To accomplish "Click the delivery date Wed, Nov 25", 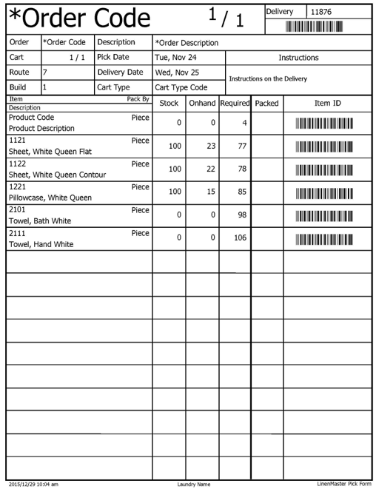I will [177, 73].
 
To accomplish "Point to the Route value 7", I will [45, 73].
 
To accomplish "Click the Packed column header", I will [266, 104].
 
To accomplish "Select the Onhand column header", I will [203, 104].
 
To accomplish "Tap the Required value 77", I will [241, 146].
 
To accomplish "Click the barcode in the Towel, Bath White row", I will [324, 216].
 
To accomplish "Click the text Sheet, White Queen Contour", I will [58, 175].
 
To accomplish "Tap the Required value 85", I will [241, 192].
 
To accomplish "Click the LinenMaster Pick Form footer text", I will [343, 484].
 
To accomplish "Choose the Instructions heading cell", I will [298, 57].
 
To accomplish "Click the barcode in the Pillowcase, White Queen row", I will [324, 193].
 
